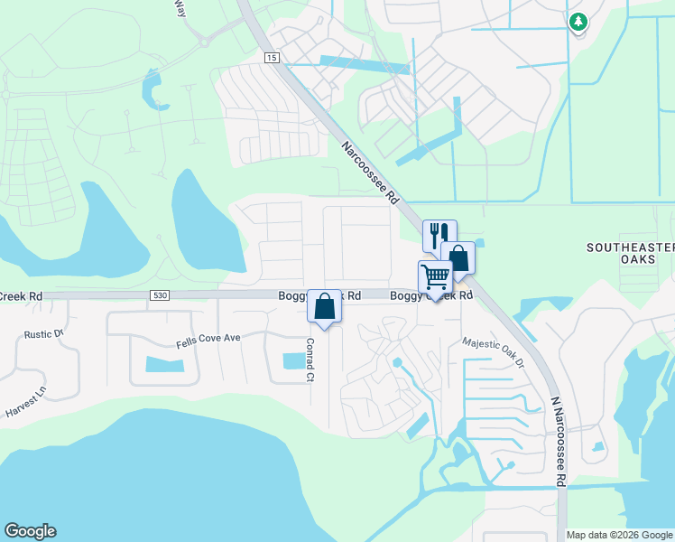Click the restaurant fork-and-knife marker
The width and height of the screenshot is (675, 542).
coord(439,235)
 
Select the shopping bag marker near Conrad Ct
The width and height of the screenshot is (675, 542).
coord(325,305)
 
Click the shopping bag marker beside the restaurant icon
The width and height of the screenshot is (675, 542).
coord(458,257)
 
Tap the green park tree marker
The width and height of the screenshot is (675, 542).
coord(578,22)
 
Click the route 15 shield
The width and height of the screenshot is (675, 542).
coord(272,57)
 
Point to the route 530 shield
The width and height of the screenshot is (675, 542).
coord(160,295)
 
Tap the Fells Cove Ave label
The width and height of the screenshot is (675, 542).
coord(208,338)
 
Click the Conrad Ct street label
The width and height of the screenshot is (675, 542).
coord(309,360)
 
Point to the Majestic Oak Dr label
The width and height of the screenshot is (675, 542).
coord(493,353)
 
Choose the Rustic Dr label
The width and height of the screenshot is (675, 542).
coord(44,334)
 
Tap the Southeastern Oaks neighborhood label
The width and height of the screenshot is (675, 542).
coord(630,253)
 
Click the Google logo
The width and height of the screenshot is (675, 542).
coord(30,531)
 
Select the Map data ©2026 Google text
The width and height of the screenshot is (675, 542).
coord(619,535)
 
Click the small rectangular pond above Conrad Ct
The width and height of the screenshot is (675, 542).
coord(294,360)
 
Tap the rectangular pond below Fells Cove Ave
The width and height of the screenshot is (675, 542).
coord(163,365)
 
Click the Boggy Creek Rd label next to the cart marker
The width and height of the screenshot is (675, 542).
coord(431,295)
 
